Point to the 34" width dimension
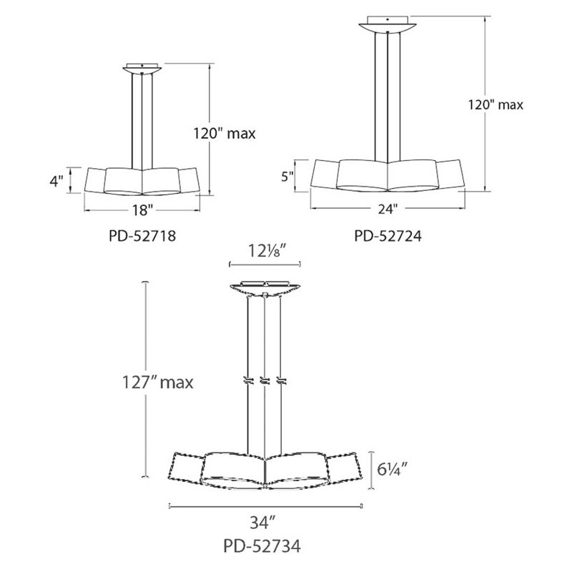click(265, 521)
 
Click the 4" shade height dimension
click(57, 181)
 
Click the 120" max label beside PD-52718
click(225, 132)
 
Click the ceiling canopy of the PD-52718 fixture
click(142, 69)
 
